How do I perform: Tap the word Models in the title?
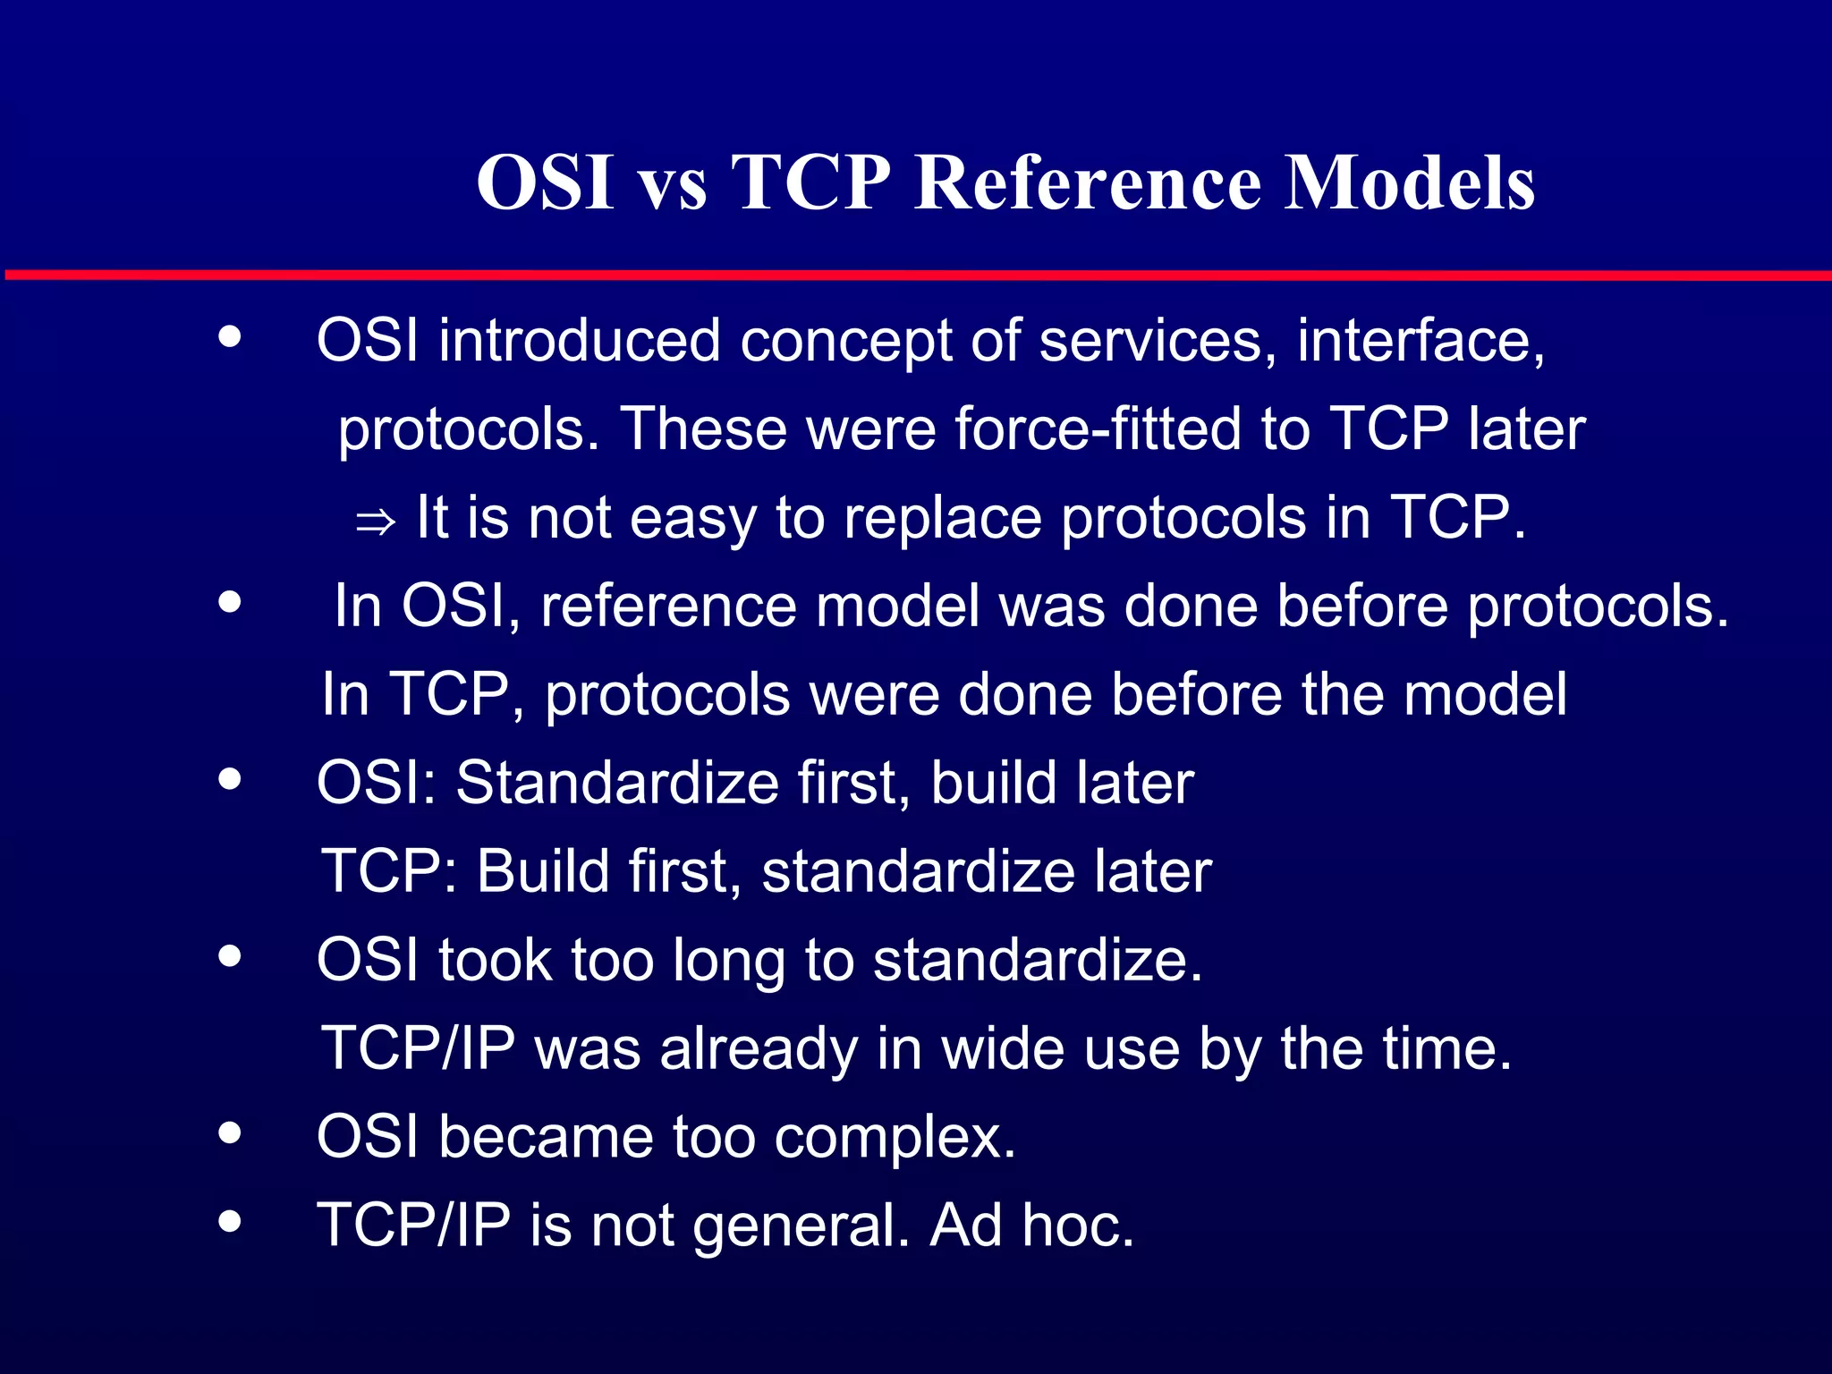click(1410, 182)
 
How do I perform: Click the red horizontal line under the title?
click(916, 275)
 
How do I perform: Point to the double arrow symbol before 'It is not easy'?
click(375, 522)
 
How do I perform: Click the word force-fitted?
click(1098, 429)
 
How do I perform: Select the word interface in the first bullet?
click(1419, 341)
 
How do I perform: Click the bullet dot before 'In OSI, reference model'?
click(230, 602)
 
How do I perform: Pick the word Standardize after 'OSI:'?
click(617, 784)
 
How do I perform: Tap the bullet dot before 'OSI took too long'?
click(230, 956)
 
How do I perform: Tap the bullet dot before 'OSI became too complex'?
click(230, 1133)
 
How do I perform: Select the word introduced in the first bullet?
click(579, 341)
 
